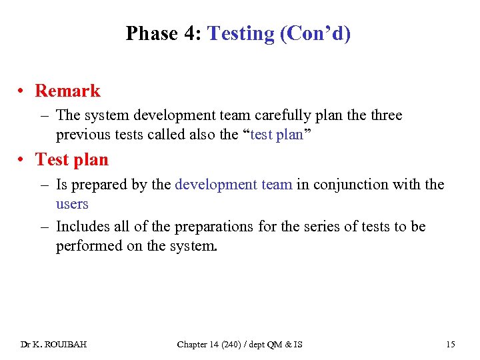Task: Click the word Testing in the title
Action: click(x=241, y=33)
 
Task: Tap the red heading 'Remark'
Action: click(x=67, y=91)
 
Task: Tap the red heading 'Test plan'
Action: click(x=71, y=159)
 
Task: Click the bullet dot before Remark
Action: click(x=23, y=91)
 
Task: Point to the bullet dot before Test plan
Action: click(x=23, y=160)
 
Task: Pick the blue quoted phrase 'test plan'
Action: click(x=276, y=135)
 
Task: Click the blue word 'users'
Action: click(x=72, y=204)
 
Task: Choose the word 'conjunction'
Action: click(x=359, y=185)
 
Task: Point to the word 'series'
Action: click(x=313, y=227)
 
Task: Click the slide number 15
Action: click(x=451, y=345)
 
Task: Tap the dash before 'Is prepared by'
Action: click(x=44, y=185)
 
